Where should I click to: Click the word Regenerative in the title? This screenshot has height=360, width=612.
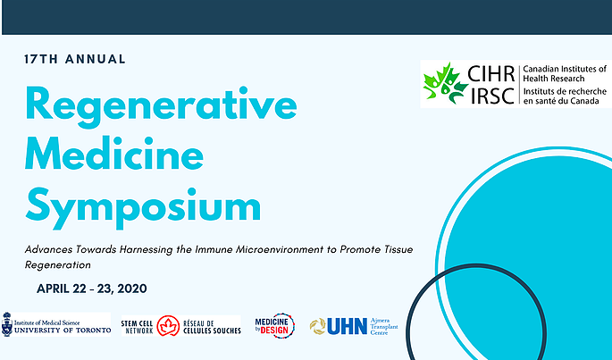tap(161, 106)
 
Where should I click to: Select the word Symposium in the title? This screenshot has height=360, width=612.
tap(143, 207)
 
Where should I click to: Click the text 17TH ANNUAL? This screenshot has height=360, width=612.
tap(74, 59)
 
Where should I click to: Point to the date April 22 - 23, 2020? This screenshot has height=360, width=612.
tap(92, 289)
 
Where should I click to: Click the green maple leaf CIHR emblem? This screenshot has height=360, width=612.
tap(446, 84)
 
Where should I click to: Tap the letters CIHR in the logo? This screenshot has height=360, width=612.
tap(491, 74)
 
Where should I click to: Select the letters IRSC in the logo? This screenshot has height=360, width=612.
tap(492, 95)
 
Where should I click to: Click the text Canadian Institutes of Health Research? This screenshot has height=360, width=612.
tap(565, 74)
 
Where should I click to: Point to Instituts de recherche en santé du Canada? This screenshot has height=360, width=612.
tap(565, 96)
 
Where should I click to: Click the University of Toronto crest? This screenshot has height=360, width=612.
tap(6, 324)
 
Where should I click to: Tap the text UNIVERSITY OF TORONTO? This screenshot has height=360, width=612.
tap(63, 331)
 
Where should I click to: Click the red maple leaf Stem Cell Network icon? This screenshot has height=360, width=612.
tap(168, 326)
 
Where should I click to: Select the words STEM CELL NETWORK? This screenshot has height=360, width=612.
tap(138, 327)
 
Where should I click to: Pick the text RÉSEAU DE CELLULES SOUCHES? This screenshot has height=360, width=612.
tap(212, 327)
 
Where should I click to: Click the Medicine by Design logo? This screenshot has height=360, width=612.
tap(275, 326)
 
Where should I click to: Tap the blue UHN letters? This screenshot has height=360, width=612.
tap(348, 326)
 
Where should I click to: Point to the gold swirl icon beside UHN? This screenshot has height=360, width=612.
tap(318, 326)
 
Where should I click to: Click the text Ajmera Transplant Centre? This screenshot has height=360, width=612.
tap(383, 326)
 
